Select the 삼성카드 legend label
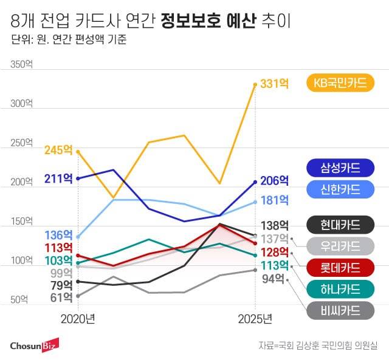340,167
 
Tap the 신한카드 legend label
340,189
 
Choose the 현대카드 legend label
340,225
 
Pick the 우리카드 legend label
340,246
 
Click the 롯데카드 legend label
340,268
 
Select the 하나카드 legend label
340,289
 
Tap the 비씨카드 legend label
340,311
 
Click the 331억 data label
274,84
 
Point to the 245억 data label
58,149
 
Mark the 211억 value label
58,178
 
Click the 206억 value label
274,181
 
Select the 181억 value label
274,200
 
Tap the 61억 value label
61,297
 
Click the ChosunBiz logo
34,345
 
